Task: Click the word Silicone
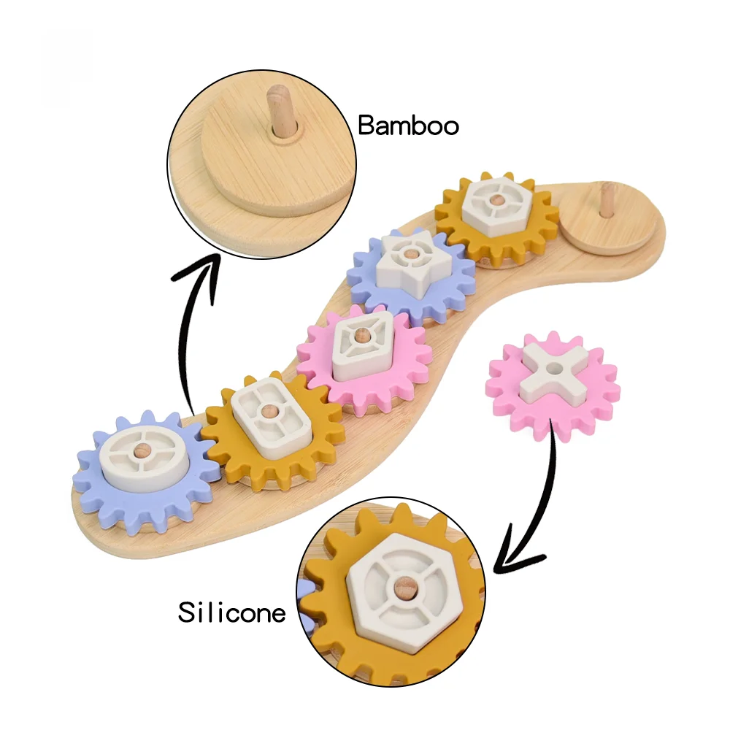(232, 612)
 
